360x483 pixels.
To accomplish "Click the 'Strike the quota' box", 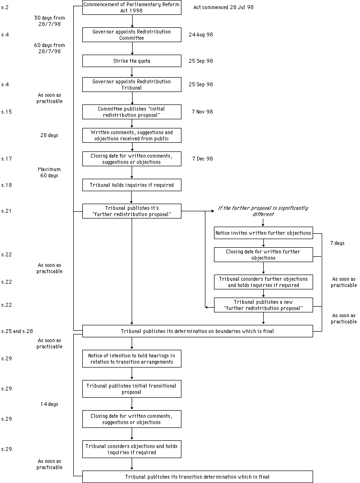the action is click(132, 61).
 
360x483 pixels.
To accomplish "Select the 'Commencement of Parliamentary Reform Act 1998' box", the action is click(132, 7).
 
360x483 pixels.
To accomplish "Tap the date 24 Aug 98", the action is click(201, 34).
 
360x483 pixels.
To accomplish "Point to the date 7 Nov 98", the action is click(202, 112).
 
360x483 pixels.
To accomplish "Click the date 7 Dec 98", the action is click(202, 159).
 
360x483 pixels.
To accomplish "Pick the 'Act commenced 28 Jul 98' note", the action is click(224, 7).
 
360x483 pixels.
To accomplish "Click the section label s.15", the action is click(6, 112).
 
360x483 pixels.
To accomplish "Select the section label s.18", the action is click(6, 185).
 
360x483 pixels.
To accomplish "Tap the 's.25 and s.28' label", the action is click(17, 331).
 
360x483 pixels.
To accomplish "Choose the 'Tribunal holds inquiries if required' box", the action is click(132, 185).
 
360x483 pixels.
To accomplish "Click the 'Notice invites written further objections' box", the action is click(263, 233).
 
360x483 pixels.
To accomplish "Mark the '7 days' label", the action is click(337, 243).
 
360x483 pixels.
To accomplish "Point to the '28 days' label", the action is click(49, 135).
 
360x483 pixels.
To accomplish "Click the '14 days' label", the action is click(49, 404).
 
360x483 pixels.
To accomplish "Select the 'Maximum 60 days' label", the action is click(49, 172).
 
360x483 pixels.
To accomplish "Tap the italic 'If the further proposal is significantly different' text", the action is click(263, 211).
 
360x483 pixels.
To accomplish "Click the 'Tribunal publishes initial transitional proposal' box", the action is click(132, 389).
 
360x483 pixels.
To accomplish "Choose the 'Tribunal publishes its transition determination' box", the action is click(198, 477).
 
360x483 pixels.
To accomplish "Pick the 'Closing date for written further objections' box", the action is click(263, 255).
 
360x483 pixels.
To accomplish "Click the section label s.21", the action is click(6, 211).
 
